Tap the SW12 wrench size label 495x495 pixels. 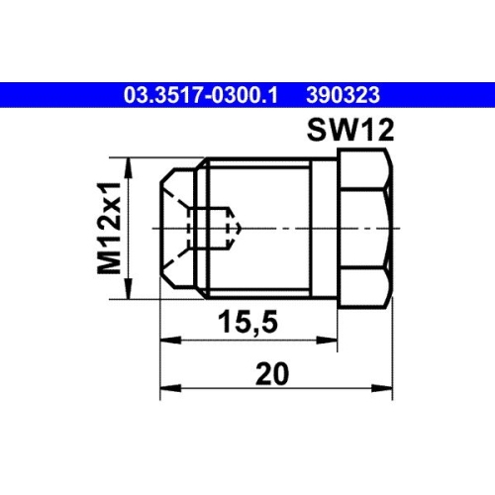[347, 129]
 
